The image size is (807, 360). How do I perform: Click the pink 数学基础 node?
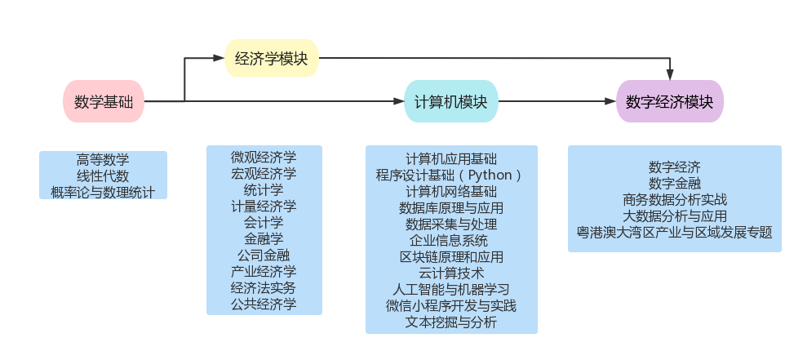point(103,102)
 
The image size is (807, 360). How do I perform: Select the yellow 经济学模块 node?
point(271,59)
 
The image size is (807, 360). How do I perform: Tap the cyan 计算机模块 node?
point(450,102)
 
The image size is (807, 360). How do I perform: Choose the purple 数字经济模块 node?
point(669,102)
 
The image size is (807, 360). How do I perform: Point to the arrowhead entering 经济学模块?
point(219,59)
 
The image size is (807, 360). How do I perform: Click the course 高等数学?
point(103,160)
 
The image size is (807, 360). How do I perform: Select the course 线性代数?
point(103,176)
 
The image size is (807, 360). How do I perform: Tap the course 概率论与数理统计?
point(103,192)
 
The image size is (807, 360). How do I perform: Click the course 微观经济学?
point(264,156)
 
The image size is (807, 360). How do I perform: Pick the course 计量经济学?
point(264,206)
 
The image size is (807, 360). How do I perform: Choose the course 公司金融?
point(264,255)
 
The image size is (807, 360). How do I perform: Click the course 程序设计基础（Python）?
point(450,175)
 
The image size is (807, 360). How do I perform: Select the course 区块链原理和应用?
point(450,256)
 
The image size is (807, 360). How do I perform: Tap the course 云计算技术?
point(450,273)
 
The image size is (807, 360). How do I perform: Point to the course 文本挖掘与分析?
point(450,322)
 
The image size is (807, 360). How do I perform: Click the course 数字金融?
point(674,183)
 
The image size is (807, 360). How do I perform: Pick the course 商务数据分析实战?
point(674,199)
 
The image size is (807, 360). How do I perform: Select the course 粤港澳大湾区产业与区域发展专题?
point(674,232)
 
